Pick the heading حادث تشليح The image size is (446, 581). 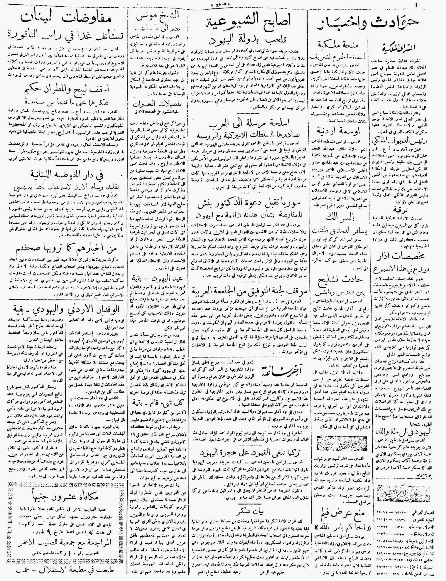[336, 280]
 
